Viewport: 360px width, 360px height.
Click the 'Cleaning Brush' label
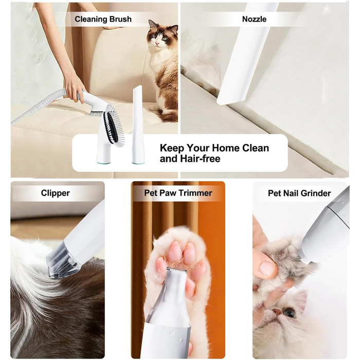pos(103,19)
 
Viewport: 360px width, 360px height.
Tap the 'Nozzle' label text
pos(254,19)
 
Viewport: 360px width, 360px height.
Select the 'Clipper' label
pos(56,193)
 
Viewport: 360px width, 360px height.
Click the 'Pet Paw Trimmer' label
pos(178,193)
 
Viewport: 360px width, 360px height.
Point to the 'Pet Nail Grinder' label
pos(299,193)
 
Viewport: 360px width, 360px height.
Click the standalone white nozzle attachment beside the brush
pos(137,124)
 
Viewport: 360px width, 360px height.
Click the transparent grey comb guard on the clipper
pos(61,261)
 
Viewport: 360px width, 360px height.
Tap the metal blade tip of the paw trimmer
pos(176,270)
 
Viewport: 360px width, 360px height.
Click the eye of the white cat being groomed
pos(289,313)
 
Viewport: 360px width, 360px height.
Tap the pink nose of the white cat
pos(278,311)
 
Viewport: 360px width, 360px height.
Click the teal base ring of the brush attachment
pos(104,163)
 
